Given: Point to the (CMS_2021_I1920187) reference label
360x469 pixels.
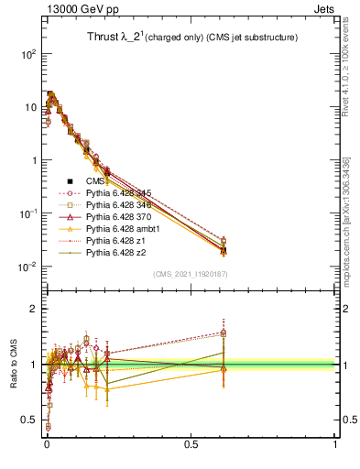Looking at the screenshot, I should pos(191,273).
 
